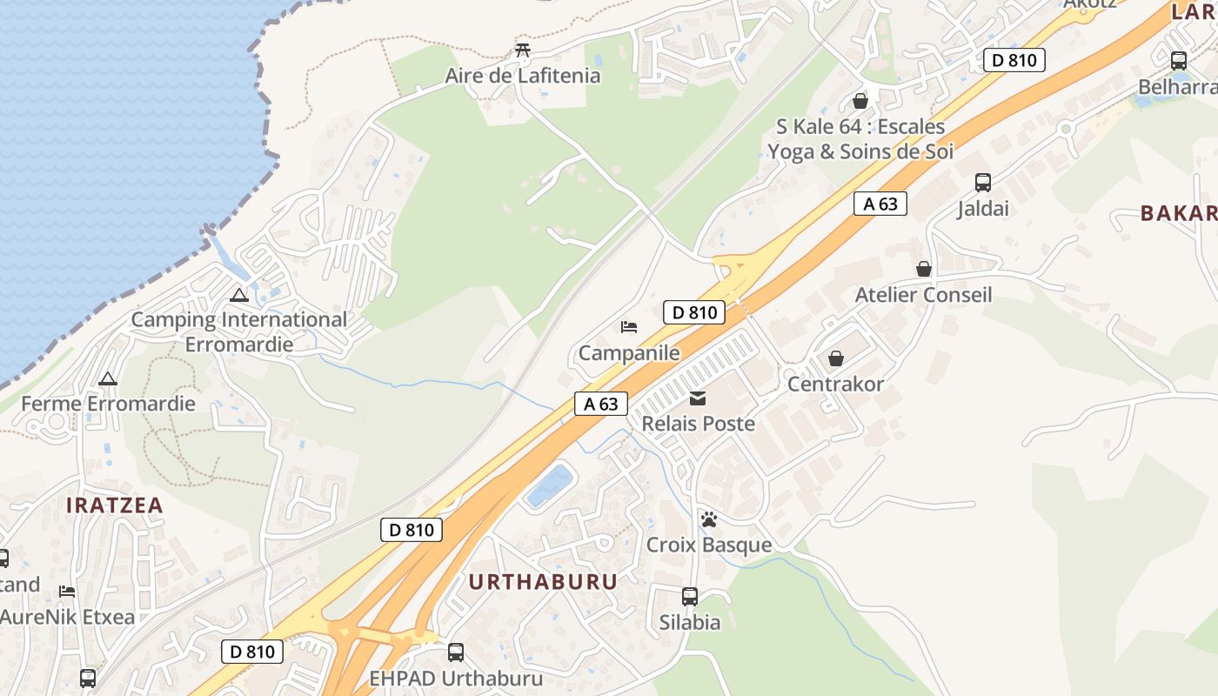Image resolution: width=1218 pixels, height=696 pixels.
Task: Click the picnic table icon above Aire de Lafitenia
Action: (x=522, y=50)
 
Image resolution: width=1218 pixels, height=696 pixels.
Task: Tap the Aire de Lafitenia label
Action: (x=522, y=76)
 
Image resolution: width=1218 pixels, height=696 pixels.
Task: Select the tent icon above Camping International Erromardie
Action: (x=239, y=295)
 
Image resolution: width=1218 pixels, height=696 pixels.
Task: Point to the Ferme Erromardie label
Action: (x=108, y=404)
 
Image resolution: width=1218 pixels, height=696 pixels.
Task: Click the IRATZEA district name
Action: (x=115, y=505)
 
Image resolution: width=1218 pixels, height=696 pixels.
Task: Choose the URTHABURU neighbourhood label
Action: (x=543, y=582)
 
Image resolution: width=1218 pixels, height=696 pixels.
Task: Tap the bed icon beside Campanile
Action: (x=629, y=327)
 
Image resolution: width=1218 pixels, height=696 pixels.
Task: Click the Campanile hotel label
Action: (x=629, y=353)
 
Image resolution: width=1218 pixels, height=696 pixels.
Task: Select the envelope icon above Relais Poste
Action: (x=698, y=398)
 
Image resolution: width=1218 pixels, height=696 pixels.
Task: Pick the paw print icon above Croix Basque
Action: (x=709, y=519)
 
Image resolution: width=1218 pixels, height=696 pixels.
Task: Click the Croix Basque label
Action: (x=709, y=545)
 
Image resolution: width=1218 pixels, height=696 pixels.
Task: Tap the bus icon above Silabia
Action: (x=690, y=597)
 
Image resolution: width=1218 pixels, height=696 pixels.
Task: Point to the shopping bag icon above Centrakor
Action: (x=835, y=358)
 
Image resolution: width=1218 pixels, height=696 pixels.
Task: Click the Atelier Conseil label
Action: (x=923, y=294)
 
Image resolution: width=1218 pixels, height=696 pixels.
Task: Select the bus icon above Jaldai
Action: (x=983, y=183)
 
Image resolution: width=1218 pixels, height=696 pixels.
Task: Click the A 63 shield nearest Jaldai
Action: (x=880, y=204)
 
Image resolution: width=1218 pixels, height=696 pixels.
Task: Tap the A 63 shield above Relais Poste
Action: (x=600, y=404)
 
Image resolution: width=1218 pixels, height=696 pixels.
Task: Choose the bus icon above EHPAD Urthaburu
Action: (x=455, y=652)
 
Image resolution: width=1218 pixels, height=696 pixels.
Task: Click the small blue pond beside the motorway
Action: (x=549, y=486)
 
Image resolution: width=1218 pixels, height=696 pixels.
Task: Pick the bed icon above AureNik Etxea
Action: (x=67, y=592)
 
